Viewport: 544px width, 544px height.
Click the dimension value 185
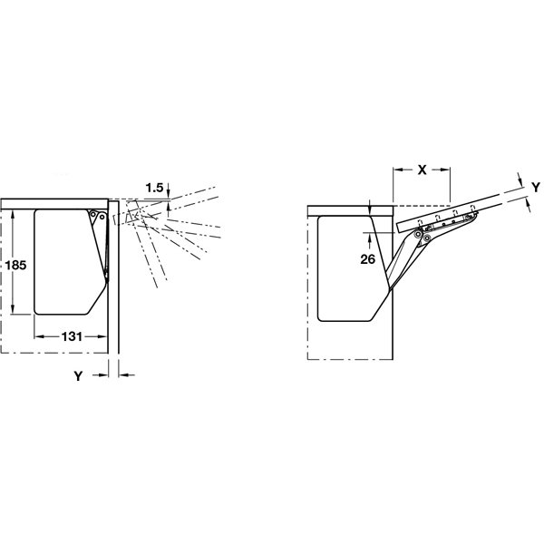(x=15, y=266)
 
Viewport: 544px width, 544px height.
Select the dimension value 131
(x=72, y=336)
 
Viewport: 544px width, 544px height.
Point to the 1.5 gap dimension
(x=154, y=188)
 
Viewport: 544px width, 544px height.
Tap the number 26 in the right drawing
(x=368, y=258)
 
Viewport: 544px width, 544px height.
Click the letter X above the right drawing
(x=422, y=170)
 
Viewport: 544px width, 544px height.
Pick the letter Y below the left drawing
(x=78, y=375)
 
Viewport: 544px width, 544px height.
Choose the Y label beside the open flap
(x=536, y=188)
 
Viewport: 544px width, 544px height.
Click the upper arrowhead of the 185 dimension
(x=14, y=215)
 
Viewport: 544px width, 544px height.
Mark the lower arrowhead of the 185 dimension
(x=14, y=309)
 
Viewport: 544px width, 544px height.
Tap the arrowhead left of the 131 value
(x=40, y=336)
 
